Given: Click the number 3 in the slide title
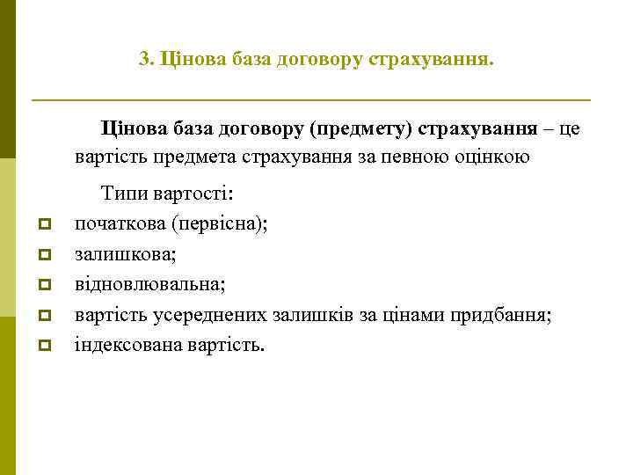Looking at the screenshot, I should [x=145, y=60].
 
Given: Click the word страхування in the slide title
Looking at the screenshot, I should [x=432, y=60].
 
